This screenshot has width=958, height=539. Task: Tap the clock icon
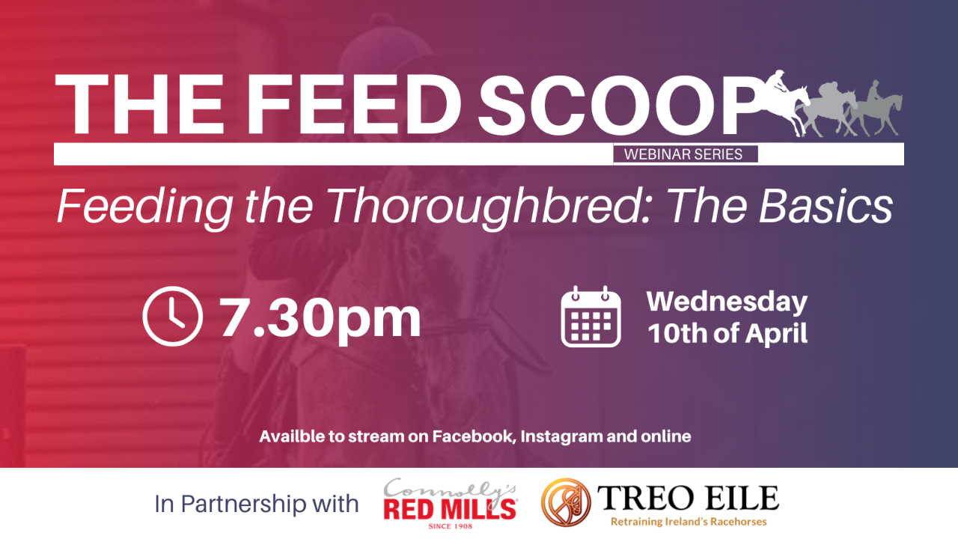click(x=172, y=317)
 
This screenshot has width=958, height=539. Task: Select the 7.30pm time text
click(x=320, y=317)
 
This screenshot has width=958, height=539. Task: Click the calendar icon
click(x=591, y=317)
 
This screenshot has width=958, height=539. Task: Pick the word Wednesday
click(x=727, y=302)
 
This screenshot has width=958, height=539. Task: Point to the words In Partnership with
click(x=257, y=503)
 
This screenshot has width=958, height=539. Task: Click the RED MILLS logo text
click(x=450, y=510)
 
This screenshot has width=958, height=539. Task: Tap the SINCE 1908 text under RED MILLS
click(x=450, y=526)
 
